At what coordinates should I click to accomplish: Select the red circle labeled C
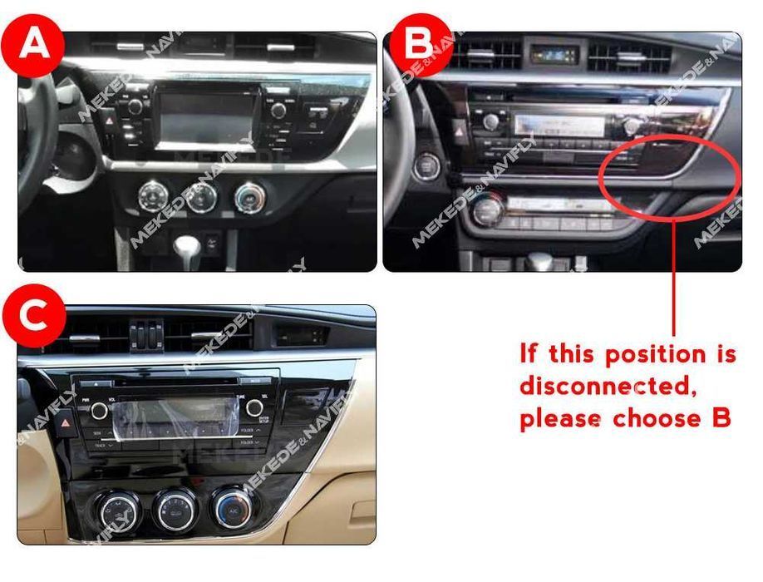[33, 317]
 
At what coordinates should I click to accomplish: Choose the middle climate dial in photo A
[201, 197]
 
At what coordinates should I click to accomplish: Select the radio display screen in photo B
[559, 126]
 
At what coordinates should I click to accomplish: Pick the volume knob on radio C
[100, 410]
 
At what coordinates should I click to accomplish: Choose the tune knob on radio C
[254, 408]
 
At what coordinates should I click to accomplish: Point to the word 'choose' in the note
[655, 419]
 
